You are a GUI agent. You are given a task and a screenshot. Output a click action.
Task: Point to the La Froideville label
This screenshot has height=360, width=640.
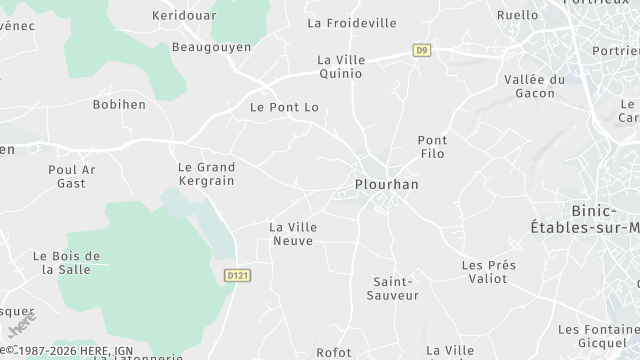[x=352, y=23]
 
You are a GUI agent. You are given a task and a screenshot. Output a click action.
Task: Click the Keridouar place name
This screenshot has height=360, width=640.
[x=184, y=16]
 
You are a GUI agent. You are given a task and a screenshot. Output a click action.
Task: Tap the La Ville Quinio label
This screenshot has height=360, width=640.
[x=341, y=66]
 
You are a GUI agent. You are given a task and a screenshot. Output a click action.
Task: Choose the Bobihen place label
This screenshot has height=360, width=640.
[x=119, y=104]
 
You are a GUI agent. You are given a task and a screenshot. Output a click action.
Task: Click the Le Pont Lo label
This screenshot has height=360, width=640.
[x=283, y=107]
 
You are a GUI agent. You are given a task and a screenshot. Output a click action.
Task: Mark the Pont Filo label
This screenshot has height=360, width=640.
[x=432, y=147]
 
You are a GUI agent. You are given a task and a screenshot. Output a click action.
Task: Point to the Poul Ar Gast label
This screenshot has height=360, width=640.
[x=72, y=176]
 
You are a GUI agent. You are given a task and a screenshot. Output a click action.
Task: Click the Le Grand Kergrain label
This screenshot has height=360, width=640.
[x=206, y=174]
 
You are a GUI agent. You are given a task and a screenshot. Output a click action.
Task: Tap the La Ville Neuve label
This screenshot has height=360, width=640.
[x=293, y=234]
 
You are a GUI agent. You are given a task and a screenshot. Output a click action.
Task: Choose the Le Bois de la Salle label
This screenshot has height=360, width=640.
[x=67, y=263]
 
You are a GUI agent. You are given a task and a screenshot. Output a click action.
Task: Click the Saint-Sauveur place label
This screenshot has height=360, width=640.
[x=393, y=288]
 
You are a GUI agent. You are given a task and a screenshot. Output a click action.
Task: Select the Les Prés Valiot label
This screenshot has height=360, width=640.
[x=488, y=272]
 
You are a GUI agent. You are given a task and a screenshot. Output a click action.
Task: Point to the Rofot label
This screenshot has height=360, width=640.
[x=333, y=352]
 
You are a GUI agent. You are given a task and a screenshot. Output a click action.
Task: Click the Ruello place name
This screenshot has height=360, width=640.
[x=517, y=16]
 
